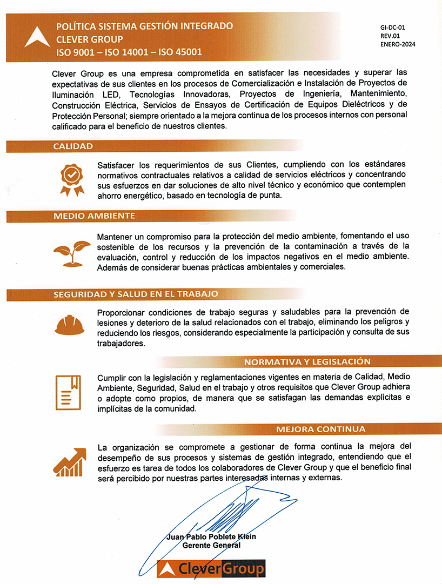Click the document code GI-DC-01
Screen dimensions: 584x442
click(393, 26)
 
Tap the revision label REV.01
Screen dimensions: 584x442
click(390, 35)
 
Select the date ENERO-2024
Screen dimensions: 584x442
click(398, 44)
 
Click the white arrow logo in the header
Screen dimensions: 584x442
click(37, 38)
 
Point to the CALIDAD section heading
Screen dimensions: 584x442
click(73, 146)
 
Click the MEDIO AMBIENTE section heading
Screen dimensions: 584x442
click(94, 216)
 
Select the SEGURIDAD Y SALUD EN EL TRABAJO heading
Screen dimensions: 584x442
click(136, 294)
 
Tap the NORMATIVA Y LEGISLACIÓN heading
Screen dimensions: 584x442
click(307, 361)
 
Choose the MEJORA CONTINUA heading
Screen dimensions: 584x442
click(320, 429)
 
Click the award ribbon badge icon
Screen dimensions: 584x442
click(72, 179)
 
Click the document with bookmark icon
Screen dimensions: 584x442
click(69, 393)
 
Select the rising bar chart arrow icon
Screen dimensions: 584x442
click(70, 461)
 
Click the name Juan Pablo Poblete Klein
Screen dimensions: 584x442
click(211, 536)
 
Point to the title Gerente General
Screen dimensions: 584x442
click(211, 545)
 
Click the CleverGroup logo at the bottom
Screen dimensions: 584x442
click(211, 568)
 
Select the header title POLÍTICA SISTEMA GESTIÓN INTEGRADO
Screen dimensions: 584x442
click(145, 26)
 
